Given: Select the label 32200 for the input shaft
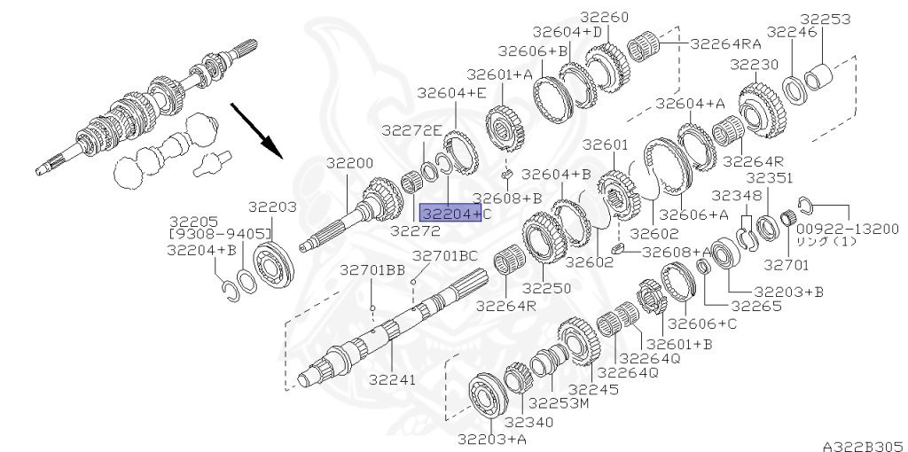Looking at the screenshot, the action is point(349,163).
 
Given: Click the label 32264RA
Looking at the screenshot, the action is point(726,44).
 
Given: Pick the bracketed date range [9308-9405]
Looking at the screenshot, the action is point(220,234).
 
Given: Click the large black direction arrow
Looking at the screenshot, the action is point(256,130).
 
